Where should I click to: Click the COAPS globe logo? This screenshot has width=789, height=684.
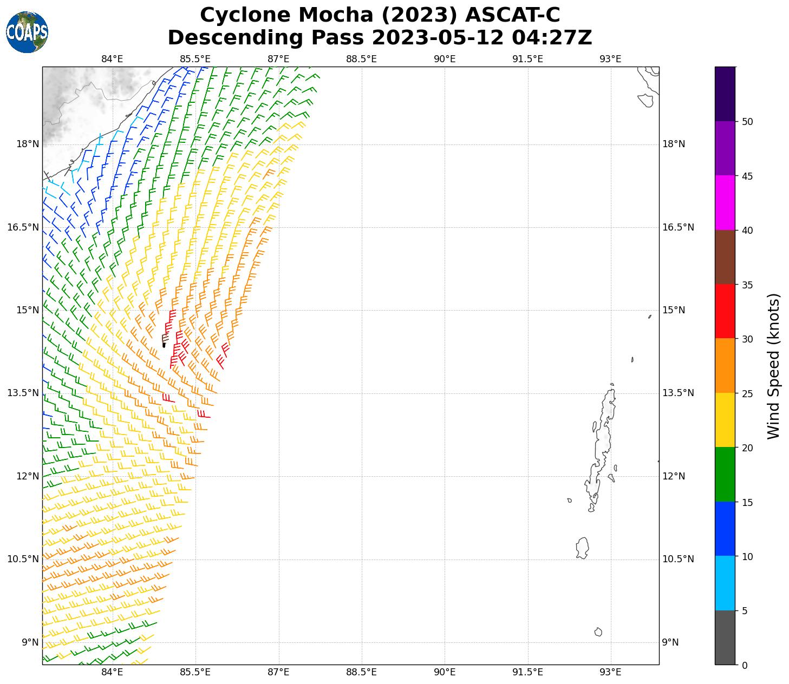pos(27,32)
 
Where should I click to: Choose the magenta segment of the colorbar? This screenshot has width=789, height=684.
pos(725,202)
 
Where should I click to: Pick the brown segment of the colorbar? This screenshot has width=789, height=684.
pos(725,257)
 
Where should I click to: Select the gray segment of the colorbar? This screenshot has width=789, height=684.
pos(725,637)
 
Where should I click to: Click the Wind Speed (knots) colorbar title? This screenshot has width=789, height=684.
pos(774,366)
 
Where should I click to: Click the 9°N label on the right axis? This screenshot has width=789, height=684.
pos(670,642)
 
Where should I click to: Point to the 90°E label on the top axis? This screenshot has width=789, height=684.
pos(445,59)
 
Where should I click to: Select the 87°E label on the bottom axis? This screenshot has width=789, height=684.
pos(278,672)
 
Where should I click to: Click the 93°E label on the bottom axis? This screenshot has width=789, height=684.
pos(610,672)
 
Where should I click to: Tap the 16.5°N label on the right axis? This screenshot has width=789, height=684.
pos(678,227)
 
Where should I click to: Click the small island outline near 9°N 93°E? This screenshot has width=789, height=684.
pos(598,632)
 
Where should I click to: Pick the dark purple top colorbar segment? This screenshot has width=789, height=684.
pos(725,94)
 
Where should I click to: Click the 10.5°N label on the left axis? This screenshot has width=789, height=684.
pos(23,559)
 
